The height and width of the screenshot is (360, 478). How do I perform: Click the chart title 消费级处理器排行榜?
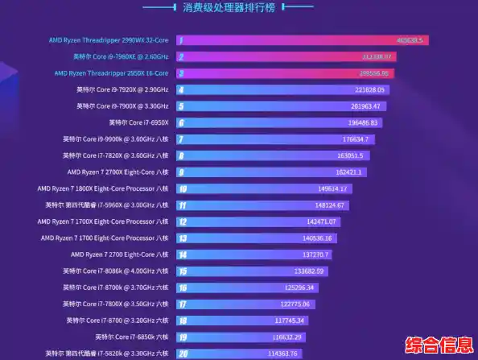[x=238, y=8]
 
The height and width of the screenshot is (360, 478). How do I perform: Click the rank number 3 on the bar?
[x=181, y=73]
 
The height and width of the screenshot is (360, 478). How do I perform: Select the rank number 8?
[x=182, y=172]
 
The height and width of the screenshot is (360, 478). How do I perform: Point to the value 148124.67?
[x=329, y=205]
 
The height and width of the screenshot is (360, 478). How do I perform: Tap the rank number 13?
[x=183, y=238]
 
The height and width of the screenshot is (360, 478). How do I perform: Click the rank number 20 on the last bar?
[x=183, y=354]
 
